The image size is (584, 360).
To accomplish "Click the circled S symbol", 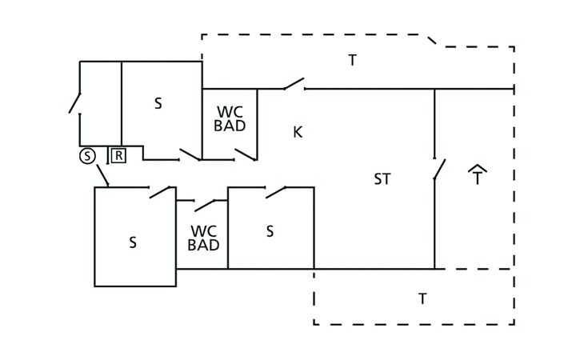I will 86,156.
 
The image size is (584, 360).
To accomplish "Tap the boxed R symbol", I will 118,155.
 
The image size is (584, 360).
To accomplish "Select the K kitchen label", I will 298,131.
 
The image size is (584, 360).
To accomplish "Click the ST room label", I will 382,179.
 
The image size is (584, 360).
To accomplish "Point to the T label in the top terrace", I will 352,61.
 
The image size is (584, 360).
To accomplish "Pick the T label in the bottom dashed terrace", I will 422,298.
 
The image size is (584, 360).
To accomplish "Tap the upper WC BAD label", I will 231,118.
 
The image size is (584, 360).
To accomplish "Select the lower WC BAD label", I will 203,238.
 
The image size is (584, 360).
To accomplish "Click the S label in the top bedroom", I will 158,103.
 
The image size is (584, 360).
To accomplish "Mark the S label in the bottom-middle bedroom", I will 270,231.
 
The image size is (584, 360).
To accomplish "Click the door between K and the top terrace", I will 293,83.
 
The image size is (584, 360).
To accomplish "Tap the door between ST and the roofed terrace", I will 439,169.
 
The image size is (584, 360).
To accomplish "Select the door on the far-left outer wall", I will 74,103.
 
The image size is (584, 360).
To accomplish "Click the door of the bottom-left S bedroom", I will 162,191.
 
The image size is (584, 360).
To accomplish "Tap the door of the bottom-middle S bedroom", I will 276,191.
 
